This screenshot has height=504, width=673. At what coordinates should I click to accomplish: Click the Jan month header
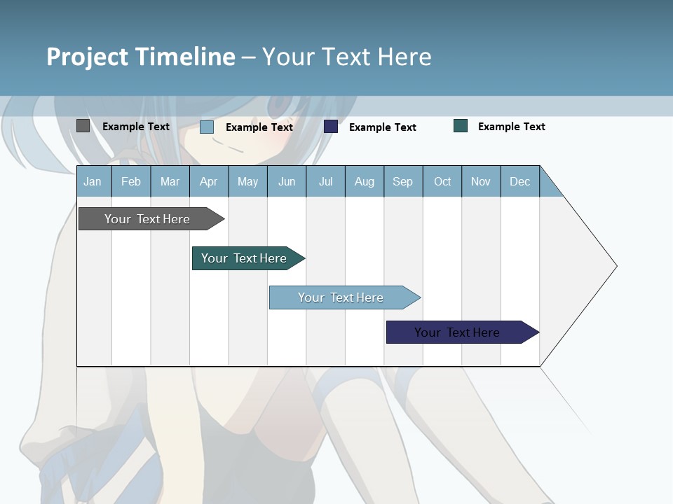point(93,182)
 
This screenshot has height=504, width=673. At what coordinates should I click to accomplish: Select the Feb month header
point(131,182)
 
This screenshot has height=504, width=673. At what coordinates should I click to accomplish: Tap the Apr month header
point(208,182)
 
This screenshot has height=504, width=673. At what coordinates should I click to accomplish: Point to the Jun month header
point(287,182)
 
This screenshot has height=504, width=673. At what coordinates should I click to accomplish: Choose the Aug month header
point(364,182)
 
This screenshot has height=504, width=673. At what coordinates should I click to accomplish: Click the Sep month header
point(402,182)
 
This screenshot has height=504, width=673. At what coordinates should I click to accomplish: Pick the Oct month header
point(442,182)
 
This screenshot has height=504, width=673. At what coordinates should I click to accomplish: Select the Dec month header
point(519,182)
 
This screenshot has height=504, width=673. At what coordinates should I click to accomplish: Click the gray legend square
point(83,126)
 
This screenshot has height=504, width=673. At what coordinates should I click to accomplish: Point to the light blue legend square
point(207,127)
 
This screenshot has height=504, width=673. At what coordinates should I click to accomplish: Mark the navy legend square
point(331,127)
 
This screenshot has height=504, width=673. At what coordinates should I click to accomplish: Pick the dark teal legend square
point(461,126)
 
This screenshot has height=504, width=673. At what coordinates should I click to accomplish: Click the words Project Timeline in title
point(141,57)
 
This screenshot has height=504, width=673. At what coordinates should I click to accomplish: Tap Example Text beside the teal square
point(511,127)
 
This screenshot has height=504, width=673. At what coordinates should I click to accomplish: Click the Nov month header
point(481,182)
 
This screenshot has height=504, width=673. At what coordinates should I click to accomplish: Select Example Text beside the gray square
point(136,127)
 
